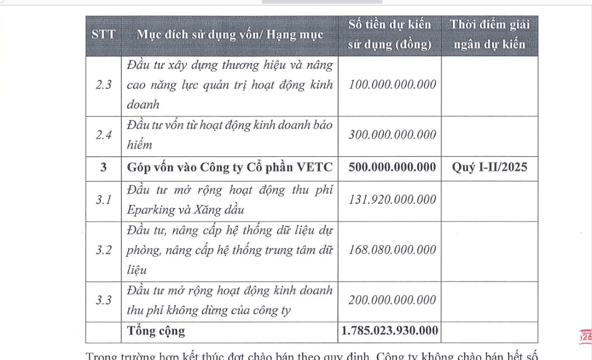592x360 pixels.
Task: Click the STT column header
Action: pos(103,35)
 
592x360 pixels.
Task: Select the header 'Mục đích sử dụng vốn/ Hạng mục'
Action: pos(230,35)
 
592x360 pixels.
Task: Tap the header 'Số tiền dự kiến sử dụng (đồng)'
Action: pos(390,35)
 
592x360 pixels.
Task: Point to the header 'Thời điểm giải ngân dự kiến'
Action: pos(489,35)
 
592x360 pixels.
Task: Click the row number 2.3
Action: pos(103,85)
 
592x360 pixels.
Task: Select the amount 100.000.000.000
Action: pos(392,84)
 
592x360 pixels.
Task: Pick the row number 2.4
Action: pos(103,135)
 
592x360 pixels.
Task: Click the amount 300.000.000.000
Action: pos(392,135)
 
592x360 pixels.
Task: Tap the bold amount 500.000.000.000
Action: pos(392,167)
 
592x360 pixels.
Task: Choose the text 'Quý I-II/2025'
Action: pos(489,167)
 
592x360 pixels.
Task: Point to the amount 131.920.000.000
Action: pos(392,200)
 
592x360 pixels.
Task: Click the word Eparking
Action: pos(150,210)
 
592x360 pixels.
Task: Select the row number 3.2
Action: pos(103,250)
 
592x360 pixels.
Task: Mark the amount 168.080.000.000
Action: pos(392,250)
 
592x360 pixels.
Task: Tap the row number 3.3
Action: pos(103,300)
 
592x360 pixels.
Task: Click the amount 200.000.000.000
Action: pos(392,300)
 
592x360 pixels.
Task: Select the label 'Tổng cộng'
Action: pos(156,331)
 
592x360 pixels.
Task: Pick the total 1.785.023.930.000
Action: pos(390,331)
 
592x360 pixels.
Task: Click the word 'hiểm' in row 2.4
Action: pos(140,145)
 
